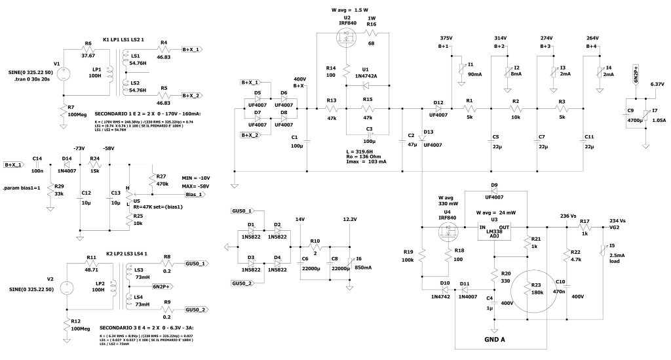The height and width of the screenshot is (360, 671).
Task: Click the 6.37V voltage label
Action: pos(657,84)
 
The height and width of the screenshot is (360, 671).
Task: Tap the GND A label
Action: pos(494,340)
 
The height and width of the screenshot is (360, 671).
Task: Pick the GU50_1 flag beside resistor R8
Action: pos(197,263)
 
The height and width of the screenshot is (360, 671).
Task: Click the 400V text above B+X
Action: pos(299,79)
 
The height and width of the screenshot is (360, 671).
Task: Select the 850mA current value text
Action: pos(362,267)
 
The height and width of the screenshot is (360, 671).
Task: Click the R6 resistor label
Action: pos(88,44)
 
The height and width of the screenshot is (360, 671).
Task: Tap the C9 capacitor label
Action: pos(630,111)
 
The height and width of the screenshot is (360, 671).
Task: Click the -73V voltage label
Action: pos(81,149)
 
